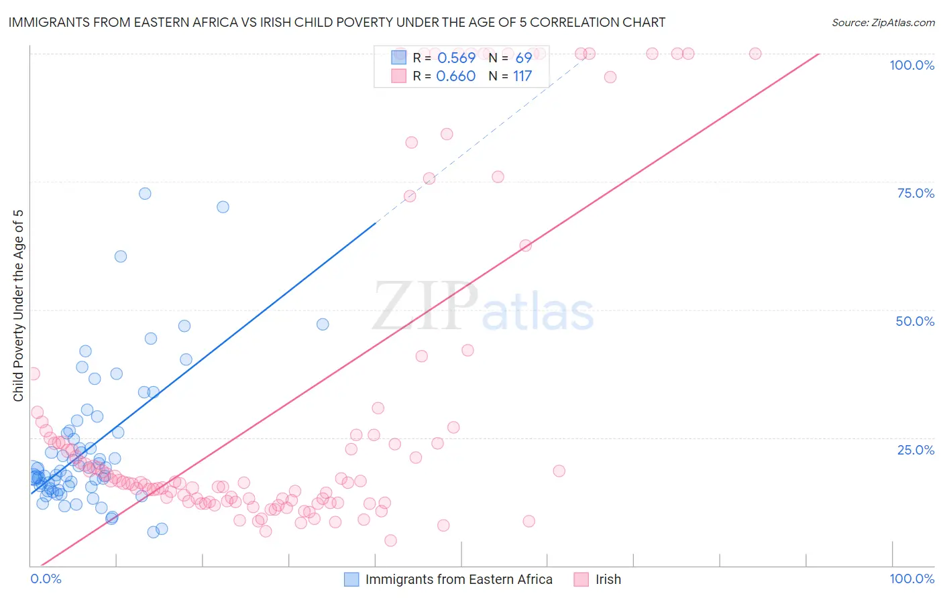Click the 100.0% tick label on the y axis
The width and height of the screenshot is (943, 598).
click(911, 65)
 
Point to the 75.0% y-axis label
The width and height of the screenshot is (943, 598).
click(916, 193)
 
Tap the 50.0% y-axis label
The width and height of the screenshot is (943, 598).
click(915, 321)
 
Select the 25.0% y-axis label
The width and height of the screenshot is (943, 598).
click(916, 450)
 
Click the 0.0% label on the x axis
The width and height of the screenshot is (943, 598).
click(46, 579)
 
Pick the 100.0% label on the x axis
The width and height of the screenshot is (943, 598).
click(911, 579)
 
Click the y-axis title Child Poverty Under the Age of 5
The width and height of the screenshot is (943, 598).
click(19, 306)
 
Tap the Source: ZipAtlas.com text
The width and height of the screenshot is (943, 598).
click(883, 23)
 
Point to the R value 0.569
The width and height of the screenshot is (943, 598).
click(456, 58)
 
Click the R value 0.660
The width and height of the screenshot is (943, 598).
click(456, 76)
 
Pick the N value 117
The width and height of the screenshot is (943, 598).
click(522, 76)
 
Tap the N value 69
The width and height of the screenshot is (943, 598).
click(524, 58)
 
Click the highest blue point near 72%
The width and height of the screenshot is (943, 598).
click(145, 194)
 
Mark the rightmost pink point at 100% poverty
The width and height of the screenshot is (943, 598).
click(755, 54)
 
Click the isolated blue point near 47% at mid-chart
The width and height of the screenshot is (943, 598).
click(323, 324)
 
